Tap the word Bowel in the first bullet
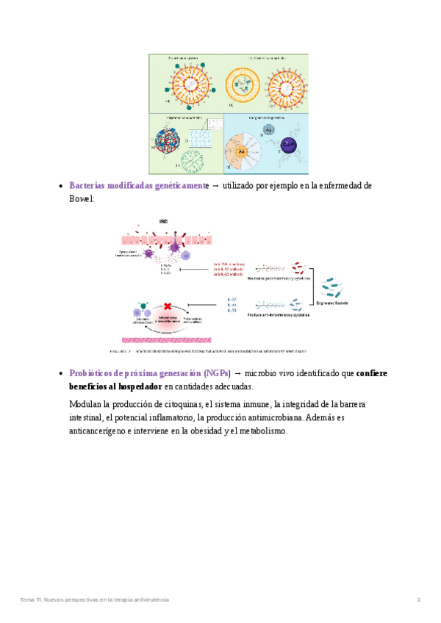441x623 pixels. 80,198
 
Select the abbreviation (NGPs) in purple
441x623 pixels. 217,373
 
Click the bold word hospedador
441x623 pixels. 137,386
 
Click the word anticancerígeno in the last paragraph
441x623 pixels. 97,431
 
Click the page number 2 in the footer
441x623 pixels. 418,599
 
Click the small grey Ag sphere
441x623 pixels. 270,129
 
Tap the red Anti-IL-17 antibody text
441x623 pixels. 228,268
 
